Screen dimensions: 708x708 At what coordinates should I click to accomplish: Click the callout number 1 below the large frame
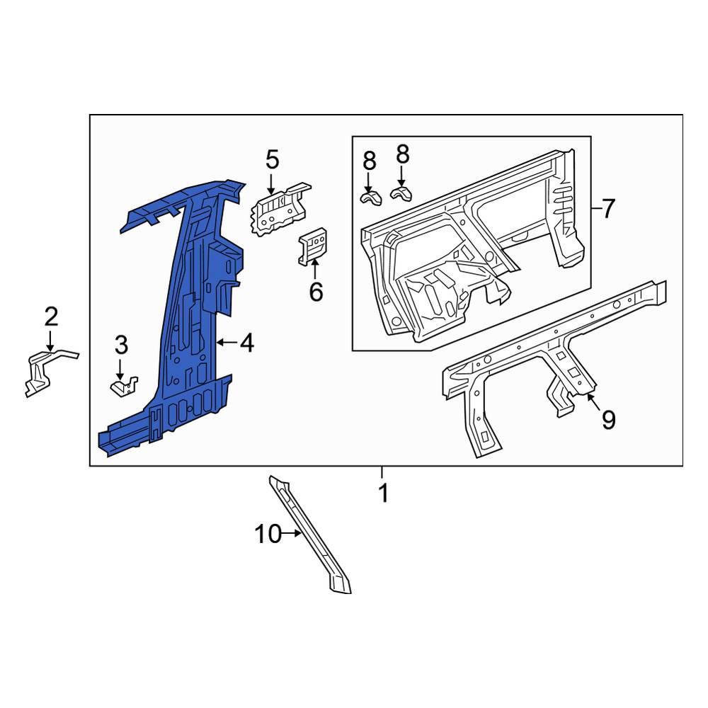point(383,493)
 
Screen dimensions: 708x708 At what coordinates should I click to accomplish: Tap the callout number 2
point(51,316)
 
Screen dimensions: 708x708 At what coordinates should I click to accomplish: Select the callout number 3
point(121,345)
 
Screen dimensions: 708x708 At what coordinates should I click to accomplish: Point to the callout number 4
point(247,343)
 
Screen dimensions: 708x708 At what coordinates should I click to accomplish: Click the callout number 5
point(273,159)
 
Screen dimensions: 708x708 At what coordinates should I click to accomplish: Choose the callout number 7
point(608,209)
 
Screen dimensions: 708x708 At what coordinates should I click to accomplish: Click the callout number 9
point(608,419)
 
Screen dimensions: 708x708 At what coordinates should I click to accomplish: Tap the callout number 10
point(268,534)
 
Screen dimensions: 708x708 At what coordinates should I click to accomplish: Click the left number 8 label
point(369,161)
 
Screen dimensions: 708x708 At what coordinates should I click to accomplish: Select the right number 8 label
point(402,154)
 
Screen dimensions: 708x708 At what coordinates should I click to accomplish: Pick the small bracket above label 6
point(312,246)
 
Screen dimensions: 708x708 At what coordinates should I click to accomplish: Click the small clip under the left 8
point(370,198)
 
